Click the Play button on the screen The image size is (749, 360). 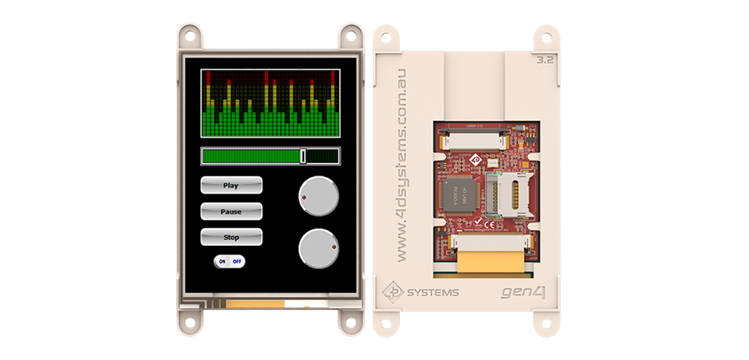tap(231, 185)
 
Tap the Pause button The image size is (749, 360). tap(231, 212)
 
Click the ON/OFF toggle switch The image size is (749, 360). tap(230, 261)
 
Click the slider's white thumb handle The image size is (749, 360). tap(303, 156)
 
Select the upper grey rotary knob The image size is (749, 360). tap(318, 196)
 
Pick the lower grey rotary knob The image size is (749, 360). tap(318, 248)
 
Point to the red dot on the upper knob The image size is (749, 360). tap(304, 197)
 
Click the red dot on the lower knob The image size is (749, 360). tap(335, 248)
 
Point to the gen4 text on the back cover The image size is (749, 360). tap(524, 291)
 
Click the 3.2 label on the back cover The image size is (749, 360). tap(545, 61)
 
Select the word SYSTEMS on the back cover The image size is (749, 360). tap(433, 292)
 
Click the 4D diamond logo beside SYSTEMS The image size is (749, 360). tap(393, 291)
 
